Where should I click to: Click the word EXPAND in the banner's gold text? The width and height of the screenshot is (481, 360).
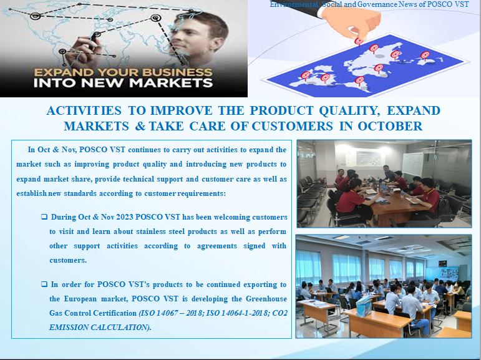(x=63, y=72)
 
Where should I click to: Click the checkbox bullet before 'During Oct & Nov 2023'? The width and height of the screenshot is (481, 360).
(x=44, y=216)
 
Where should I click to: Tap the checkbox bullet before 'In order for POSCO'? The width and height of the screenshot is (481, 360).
(x=44, y=284)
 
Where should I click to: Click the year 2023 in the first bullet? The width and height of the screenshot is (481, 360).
(x=125, y=217)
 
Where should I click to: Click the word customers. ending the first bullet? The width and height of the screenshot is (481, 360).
(x=68, y=260)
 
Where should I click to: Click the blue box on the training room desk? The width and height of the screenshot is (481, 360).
(x=364, y=306)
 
